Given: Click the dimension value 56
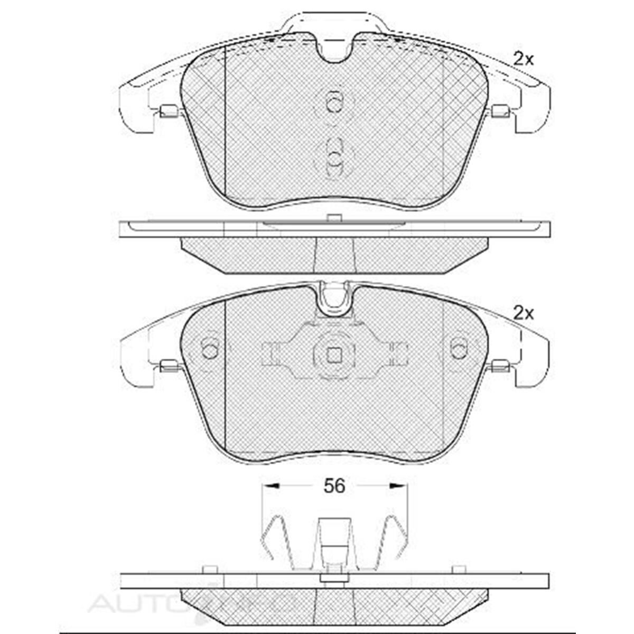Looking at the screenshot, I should tap(335, 486).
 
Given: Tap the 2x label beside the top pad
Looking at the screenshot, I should tap(524, 59).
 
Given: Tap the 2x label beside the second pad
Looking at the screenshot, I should tap(524, 314).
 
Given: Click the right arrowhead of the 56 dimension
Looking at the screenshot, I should tap(402, 485).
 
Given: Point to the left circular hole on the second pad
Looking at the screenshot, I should tap(210, 349).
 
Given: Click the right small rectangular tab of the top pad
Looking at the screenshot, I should tap(500, 111).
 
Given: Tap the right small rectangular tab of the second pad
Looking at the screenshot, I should tap(500, 365).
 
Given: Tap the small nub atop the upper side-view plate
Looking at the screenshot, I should tap(333, 218).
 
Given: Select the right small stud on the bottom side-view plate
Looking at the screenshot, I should tap(459, 569).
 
